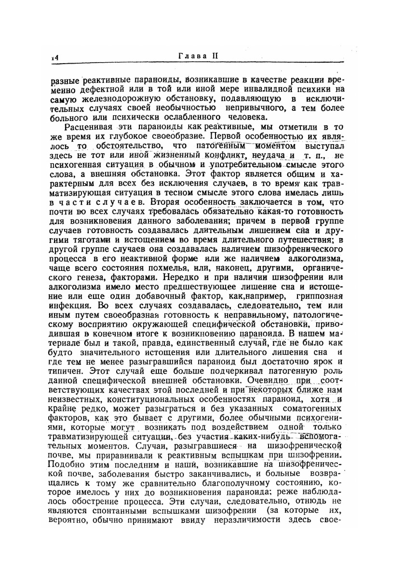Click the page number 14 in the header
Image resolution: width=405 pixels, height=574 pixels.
tap(55, 57)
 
